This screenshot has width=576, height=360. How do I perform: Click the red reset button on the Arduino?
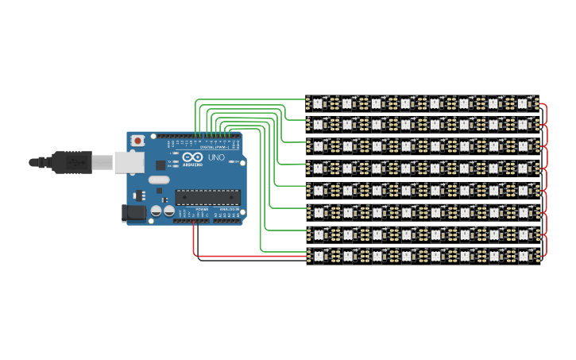pos(138,141)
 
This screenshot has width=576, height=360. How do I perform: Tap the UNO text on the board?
pos(217,158)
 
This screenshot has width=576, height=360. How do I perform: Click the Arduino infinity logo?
pos(192,157)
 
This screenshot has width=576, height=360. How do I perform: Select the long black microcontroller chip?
pos(207,196)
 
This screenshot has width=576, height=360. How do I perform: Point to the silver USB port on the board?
pos(126,162)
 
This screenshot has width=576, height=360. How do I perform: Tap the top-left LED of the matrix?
pos(318,103)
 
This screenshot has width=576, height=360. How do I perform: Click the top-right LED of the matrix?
pos(523,103)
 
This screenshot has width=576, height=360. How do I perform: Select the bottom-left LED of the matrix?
pos(318,255)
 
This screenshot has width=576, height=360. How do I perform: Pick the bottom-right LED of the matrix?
pos(523,255)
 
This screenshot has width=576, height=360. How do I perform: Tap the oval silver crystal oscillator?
pos(159,180)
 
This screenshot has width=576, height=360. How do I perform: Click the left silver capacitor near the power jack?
pos(157,211)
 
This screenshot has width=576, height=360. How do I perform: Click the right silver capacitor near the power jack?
pos(168,211)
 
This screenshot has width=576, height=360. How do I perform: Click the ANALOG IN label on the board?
pos(227,209)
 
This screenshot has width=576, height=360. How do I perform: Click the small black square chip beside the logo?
pos(160,165)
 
